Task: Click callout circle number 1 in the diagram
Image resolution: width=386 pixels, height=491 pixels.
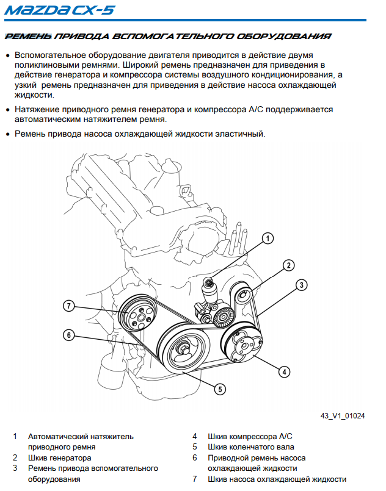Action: (x=267, y=239)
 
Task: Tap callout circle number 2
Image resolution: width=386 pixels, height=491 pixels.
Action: (x=288, y=265)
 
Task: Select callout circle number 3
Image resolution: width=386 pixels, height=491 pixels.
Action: (x=300, y=284)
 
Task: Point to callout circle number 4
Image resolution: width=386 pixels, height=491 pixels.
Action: (x=284, y=371)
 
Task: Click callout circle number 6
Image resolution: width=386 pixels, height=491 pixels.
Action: (x=69, y=334)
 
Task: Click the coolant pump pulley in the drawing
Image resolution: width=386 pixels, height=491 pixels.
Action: (x=139, y=317)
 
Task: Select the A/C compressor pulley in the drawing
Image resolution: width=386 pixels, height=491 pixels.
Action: (x=243, y=346)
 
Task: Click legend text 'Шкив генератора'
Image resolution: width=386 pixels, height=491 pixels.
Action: (x=60, y=457)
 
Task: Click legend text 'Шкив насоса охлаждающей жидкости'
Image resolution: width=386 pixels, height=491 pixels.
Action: (x=277, y=479)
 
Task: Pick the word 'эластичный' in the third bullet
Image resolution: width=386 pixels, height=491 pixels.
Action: (x=243, y=134)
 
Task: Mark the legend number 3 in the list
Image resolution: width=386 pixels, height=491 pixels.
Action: (x=15, y=468)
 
